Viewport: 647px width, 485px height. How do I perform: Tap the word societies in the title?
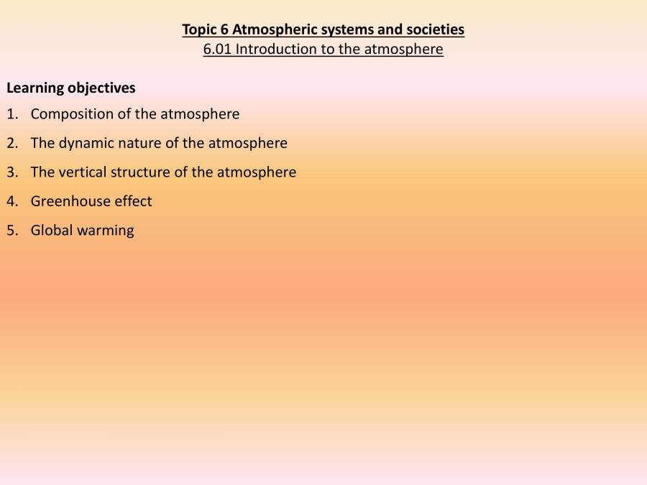click(434, 30)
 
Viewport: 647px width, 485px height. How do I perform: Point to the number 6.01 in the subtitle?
click(217, 50)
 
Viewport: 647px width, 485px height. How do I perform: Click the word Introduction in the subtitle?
click(275, 50)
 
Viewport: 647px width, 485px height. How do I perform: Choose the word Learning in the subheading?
click(35, 88)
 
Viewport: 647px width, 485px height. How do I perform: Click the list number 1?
click(12, 114)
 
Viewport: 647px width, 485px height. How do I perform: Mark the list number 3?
click(12, 172)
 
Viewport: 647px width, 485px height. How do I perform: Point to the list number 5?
click(12, 231)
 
